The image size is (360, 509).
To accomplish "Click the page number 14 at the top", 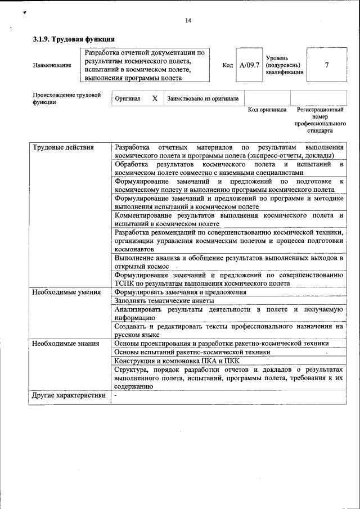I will coord(188,21).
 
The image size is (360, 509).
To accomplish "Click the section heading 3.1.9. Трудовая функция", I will coord(74,39).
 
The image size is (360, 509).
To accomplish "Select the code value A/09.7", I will coord(249,65).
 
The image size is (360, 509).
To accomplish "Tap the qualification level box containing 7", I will coord(327,65).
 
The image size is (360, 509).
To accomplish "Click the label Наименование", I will coord(52,65).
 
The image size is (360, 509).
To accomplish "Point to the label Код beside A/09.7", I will coord(228,65).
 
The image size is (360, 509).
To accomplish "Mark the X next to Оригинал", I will coord(155,98).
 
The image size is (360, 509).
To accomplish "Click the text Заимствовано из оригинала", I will coord(202,98).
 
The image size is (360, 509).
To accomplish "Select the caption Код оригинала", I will coord(267,110).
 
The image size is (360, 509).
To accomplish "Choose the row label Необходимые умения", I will coord(66,292).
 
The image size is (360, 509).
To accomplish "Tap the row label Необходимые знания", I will coord(65,343).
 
